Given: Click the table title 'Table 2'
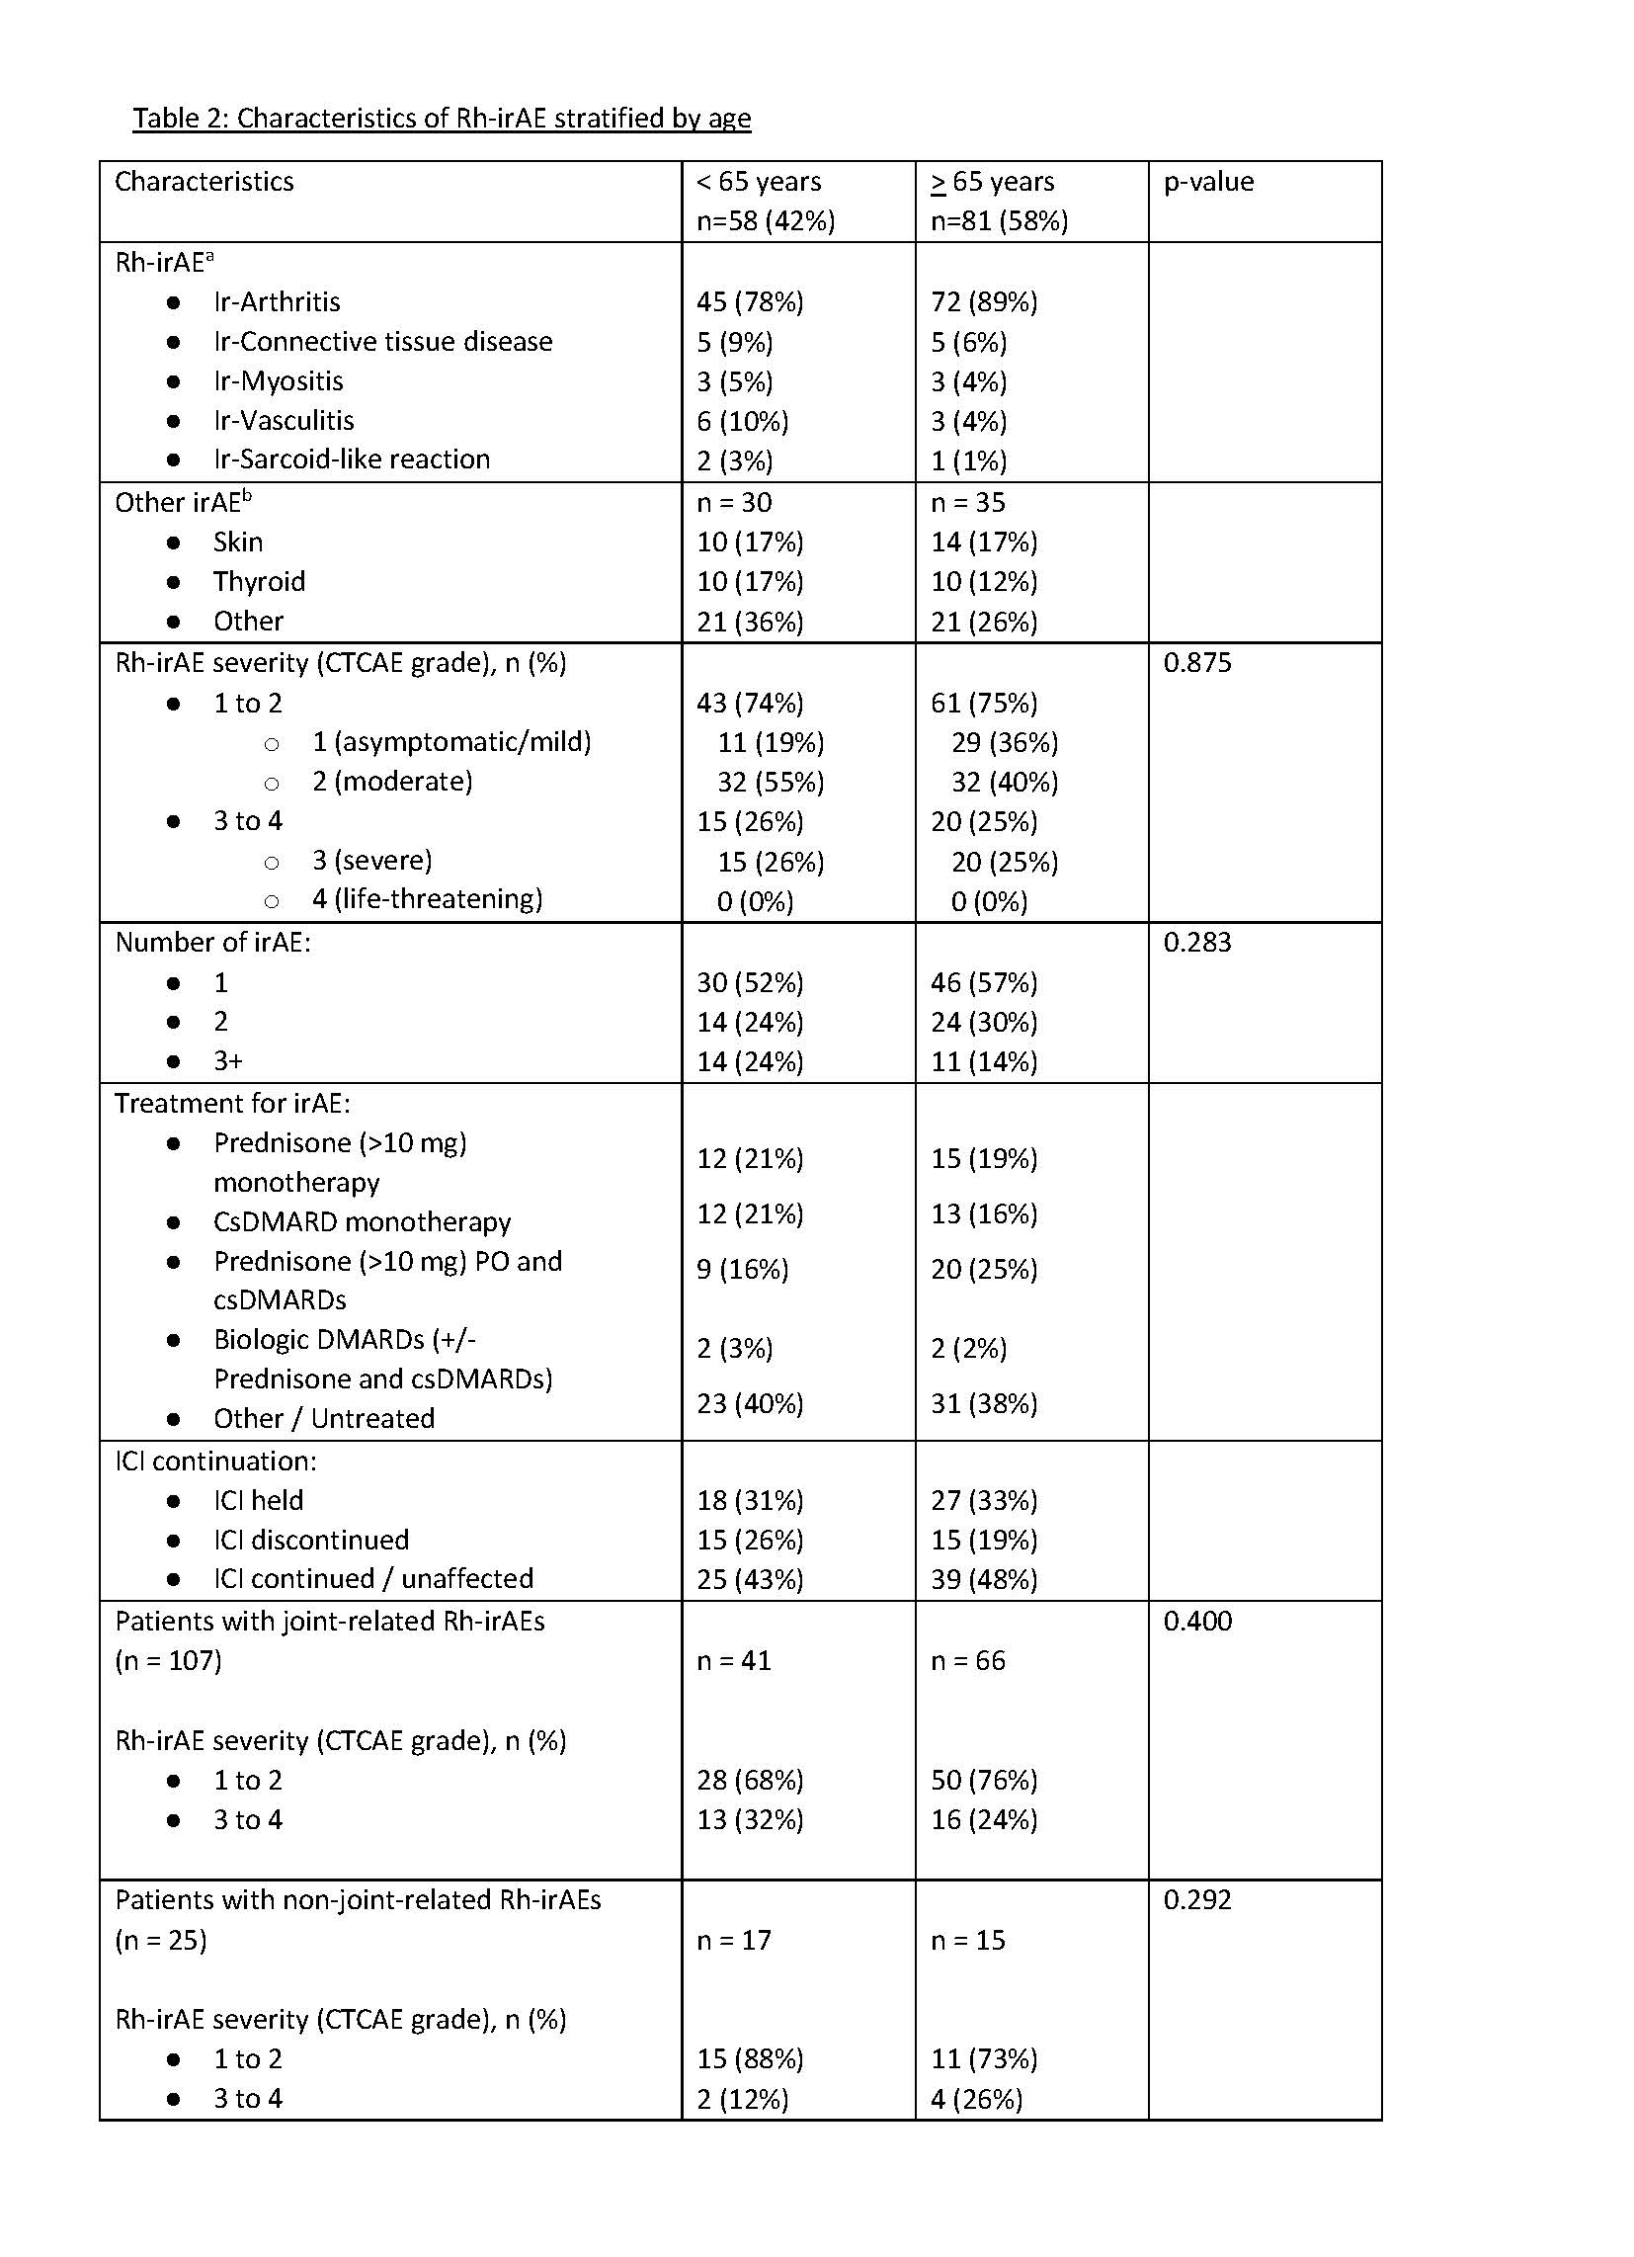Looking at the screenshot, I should point(441,119).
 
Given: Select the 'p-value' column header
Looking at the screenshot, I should point(1208,182).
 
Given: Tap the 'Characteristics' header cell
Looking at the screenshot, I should point(204,182).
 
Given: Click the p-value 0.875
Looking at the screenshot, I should point(1197,663).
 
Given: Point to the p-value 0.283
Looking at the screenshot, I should point(1197,943).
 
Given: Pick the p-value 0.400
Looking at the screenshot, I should point(1197,1621).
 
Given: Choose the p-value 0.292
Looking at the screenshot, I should point(1197,1899).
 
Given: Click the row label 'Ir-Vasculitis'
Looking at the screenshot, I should point(284,421).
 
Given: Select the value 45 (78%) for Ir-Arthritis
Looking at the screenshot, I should point(750,302).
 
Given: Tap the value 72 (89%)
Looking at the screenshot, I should point(983,302).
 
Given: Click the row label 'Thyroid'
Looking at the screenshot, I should point(259,582).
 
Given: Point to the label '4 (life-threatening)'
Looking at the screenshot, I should point(427,899).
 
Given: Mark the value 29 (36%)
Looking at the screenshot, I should point(1004,743).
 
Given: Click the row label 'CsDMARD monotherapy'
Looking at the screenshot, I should point(362,1222).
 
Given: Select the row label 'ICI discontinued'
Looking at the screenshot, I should point(310,1541).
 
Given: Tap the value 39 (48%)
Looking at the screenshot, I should point(983,1579).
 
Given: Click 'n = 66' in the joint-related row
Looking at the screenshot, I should point(967,1661).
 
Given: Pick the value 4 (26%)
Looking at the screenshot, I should point(976,2099).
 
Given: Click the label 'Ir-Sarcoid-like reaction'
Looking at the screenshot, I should point(352,460).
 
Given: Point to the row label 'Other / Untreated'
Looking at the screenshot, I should point(323,1419).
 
